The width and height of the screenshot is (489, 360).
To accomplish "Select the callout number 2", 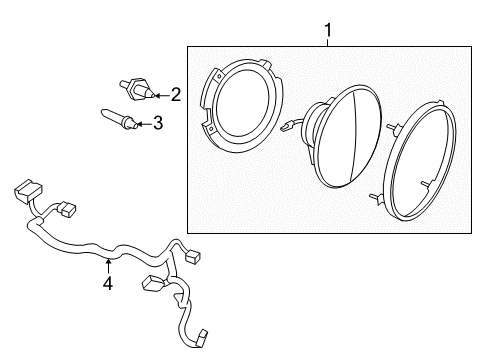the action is coord(175,95).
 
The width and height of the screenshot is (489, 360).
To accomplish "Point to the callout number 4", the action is coord(108,283).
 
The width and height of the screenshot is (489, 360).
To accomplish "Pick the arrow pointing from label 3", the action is coord(143,124).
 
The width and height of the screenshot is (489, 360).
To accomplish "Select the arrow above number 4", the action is coord(108,265).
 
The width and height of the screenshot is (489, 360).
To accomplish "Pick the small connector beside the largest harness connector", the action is coord(68,211).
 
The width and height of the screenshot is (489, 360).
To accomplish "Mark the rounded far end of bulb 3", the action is coord(103,115).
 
